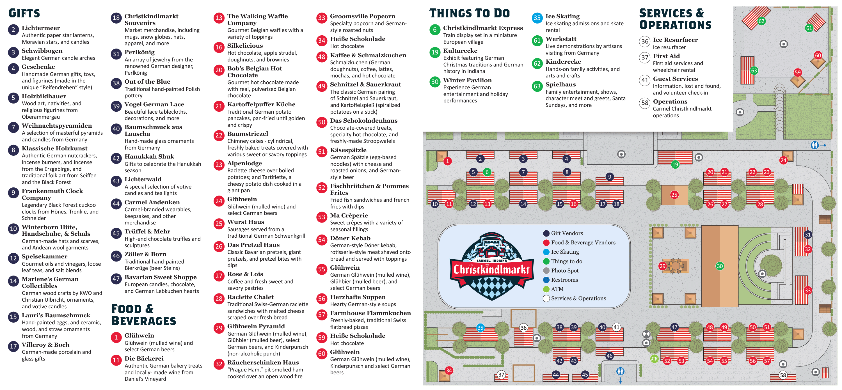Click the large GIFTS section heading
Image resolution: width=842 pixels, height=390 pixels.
24,13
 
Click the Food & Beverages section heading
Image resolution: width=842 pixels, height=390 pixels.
143,315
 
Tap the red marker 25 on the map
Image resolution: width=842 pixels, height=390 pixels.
674,195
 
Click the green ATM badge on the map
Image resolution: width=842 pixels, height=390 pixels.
654,359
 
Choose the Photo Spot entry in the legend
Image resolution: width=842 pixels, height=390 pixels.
564,270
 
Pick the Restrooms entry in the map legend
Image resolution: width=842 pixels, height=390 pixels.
564,280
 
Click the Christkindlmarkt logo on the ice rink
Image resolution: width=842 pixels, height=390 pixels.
492,266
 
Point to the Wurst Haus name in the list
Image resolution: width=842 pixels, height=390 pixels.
246,222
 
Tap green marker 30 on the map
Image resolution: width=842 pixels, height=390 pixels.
719,266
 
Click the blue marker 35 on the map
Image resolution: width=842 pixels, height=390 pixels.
480,328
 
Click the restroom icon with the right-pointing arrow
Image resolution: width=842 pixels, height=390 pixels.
814,145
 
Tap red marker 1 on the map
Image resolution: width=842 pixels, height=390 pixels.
447,161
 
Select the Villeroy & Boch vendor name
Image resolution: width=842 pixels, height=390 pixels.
45,345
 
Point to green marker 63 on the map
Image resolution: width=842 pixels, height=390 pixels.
754,70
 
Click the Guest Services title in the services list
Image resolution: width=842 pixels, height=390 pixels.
675,79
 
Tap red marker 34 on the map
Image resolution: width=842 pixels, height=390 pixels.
449,370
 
